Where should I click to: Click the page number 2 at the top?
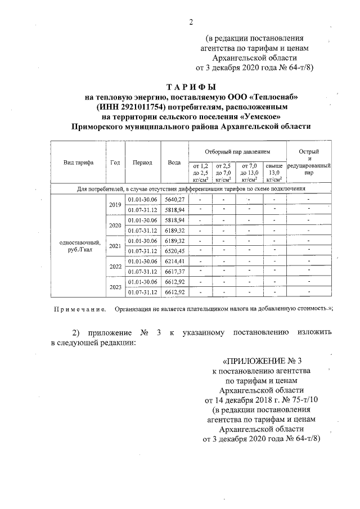click(x=191, y=22)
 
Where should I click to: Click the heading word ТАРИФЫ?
click(x=191, y=87)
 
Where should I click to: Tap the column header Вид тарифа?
click(x=78, y=163)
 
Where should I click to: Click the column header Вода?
click(x=174, y=163)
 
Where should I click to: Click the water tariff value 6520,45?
click(x=174, y=251)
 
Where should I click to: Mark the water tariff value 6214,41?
click(x=174, y=261)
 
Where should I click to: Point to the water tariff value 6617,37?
click(x=174, y=272)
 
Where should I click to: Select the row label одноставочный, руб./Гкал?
click(x=78, y=246)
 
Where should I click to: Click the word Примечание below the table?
click(x=79, y=309)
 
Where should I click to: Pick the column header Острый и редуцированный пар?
click(x=308, y=163)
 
